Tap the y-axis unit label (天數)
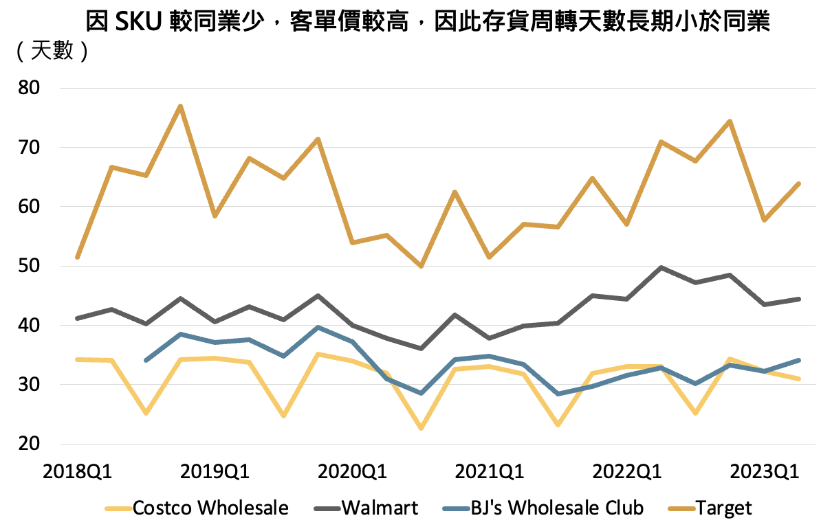point(52,51)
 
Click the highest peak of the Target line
point(180,106)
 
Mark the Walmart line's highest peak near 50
point(661,267)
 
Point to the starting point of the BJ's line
point(146,360)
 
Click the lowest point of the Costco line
point(421,429)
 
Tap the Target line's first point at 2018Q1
point(77,258)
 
